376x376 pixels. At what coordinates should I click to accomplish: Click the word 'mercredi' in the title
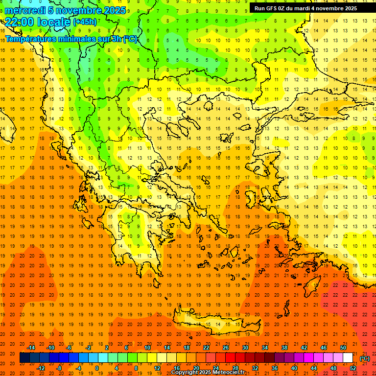point(25,10)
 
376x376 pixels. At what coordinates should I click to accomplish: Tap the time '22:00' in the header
point(19,22)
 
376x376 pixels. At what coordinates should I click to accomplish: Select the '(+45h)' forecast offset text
point(85,22)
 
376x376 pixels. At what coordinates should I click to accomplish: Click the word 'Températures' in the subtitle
point(29,39)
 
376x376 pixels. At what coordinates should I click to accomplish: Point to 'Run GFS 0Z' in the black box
point(271,8)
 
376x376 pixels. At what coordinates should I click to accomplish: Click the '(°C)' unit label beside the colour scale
point(365,358)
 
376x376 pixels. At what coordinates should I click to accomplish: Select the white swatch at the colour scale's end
point(348,358)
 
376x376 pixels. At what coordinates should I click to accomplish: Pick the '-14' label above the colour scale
point(31,348)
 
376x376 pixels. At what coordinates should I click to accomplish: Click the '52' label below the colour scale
point(352,368)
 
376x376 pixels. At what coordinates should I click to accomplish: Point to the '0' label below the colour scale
point(97,368)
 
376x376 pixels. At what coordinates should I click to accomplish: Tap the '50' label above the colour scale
point(343,348)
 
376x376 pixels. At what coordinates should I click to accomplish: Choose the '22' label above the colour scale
point(206,348)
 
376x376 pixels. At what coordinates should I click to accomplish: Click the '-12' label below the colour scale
point(41,368)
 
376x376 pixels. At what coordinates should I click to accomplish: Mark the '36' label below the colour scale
point(274,368)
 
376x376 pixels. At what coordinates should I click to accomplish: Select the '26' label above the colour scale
point(226,348)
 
